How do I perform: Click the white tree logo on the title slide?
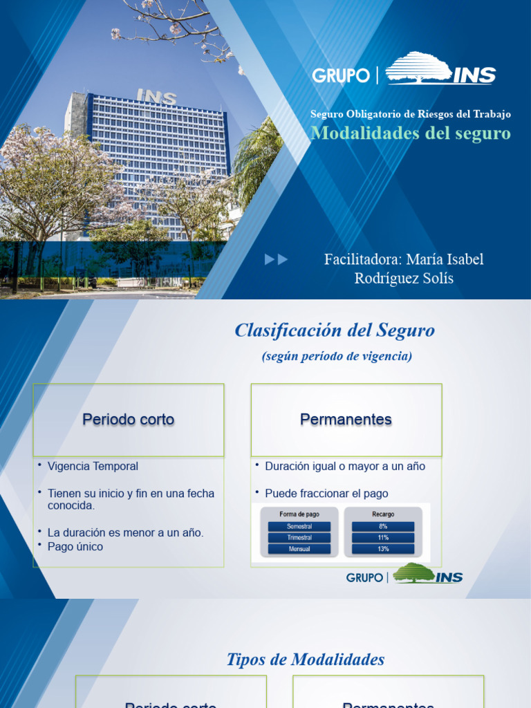click(x=420, y=67)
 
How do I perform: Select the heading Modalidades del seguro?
click(x=411, y=133)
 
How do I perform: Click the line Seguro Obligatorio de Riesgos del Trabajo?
click(x=411, y=114)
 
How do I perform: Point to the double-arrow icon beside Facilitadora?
click(x=276, y=260)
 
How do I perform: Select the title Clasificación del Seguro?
click(x=335, y=330)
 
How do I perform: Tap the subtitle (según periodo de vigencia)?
click(x=337, y=357)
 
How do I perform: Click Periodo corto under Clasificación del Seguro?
click(x=129, y=420)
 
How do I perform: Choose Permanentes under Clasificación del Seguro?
click(x=346, y=420)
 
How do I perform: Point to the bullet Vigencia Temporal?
click(x=93, y=467)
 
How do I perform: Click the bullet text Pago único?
click(x=75, y=547)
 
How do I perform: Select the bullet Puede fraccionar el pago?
click(x=326, y=494)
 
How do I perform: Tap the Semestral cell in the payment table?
click(x=299, y=526)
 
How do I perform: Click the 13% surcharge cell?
click(x=382, y=549)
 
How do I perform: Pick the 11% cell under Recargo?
click(x=382, y=537)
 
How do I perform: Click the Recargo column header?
click(x=382, y=514)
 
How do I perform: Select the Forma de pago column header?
click(x=299, y=514)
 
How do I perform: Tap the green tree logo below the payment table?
click(x=413, y=573)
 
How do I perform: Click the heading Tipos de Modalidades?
click(x=306, y=660)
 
